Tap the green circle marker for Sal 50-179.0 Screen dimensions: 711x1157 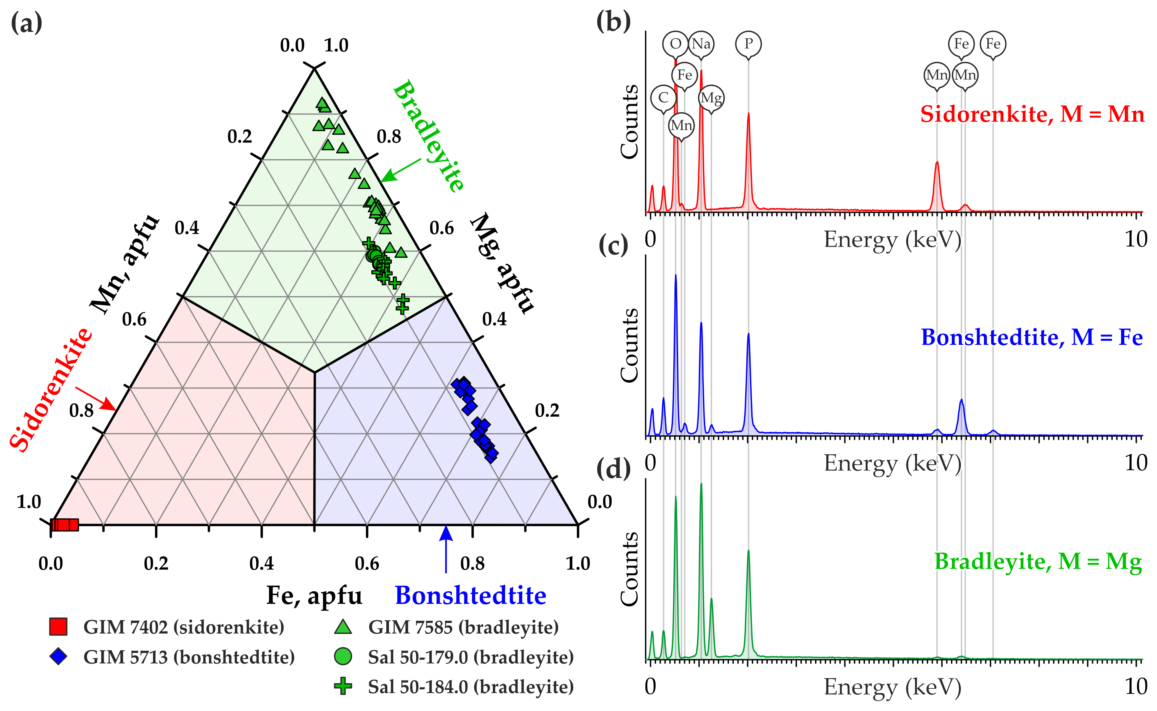point(343,657)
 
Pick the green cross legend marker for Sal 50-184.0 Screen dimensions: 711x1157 point(343,686)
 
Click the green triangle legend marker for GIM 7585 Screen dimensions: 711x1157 point(343,627)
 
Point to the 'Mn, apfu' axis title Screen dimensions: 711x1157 point(125,264)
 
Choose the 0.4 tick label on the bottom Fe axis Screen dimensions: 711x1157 point(261,563)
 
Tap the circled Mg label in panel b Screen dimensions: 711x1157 point(711,98)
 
